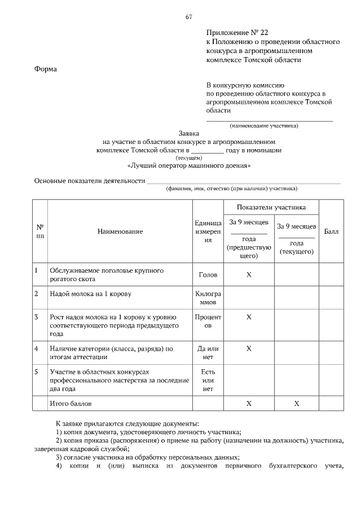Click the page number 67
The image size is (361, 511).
point(189,17)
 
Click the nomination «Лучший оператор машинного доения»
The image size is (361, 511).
point(189,167)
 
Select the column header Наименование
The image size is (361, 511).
point(120,232)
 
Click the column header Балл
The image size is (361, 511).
point(331,232)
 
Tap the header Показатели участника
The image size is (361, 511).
point(271,207)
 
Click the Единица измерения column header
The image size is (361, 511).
point(208,232)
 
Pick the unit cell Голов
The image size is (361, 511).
point(208,275)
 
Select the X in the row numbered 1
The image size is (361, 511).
point(249,275)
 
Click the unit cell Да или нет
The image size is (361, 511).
point(208,353)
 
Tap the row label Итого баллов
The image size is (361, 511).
point(70,404)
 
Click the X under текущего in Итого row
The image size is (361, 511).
point(296,404)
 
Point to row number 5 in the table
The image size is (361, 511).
point(36,372)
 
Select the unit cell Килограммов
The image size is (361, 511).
point(208,298)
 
